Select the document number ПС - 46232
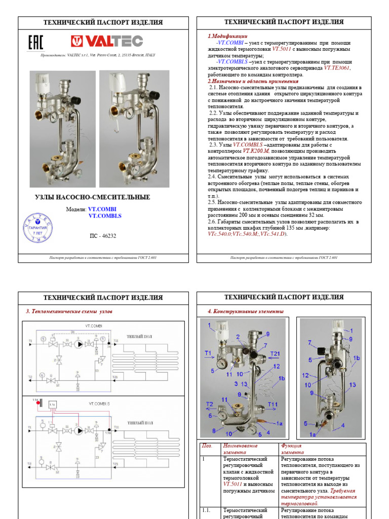103,236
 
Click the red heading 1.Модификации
227,36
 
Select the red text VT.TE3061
337,68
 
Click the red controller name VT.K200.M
259,151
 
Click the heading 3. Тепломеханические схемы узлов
68,311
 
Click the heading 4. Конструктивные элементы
246,311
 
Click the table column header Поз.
206,446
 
